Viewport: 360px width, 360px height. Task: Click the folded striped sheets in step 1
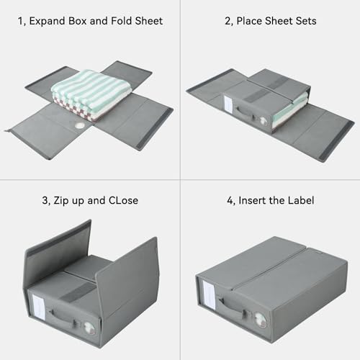click(x=90, y=90)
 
